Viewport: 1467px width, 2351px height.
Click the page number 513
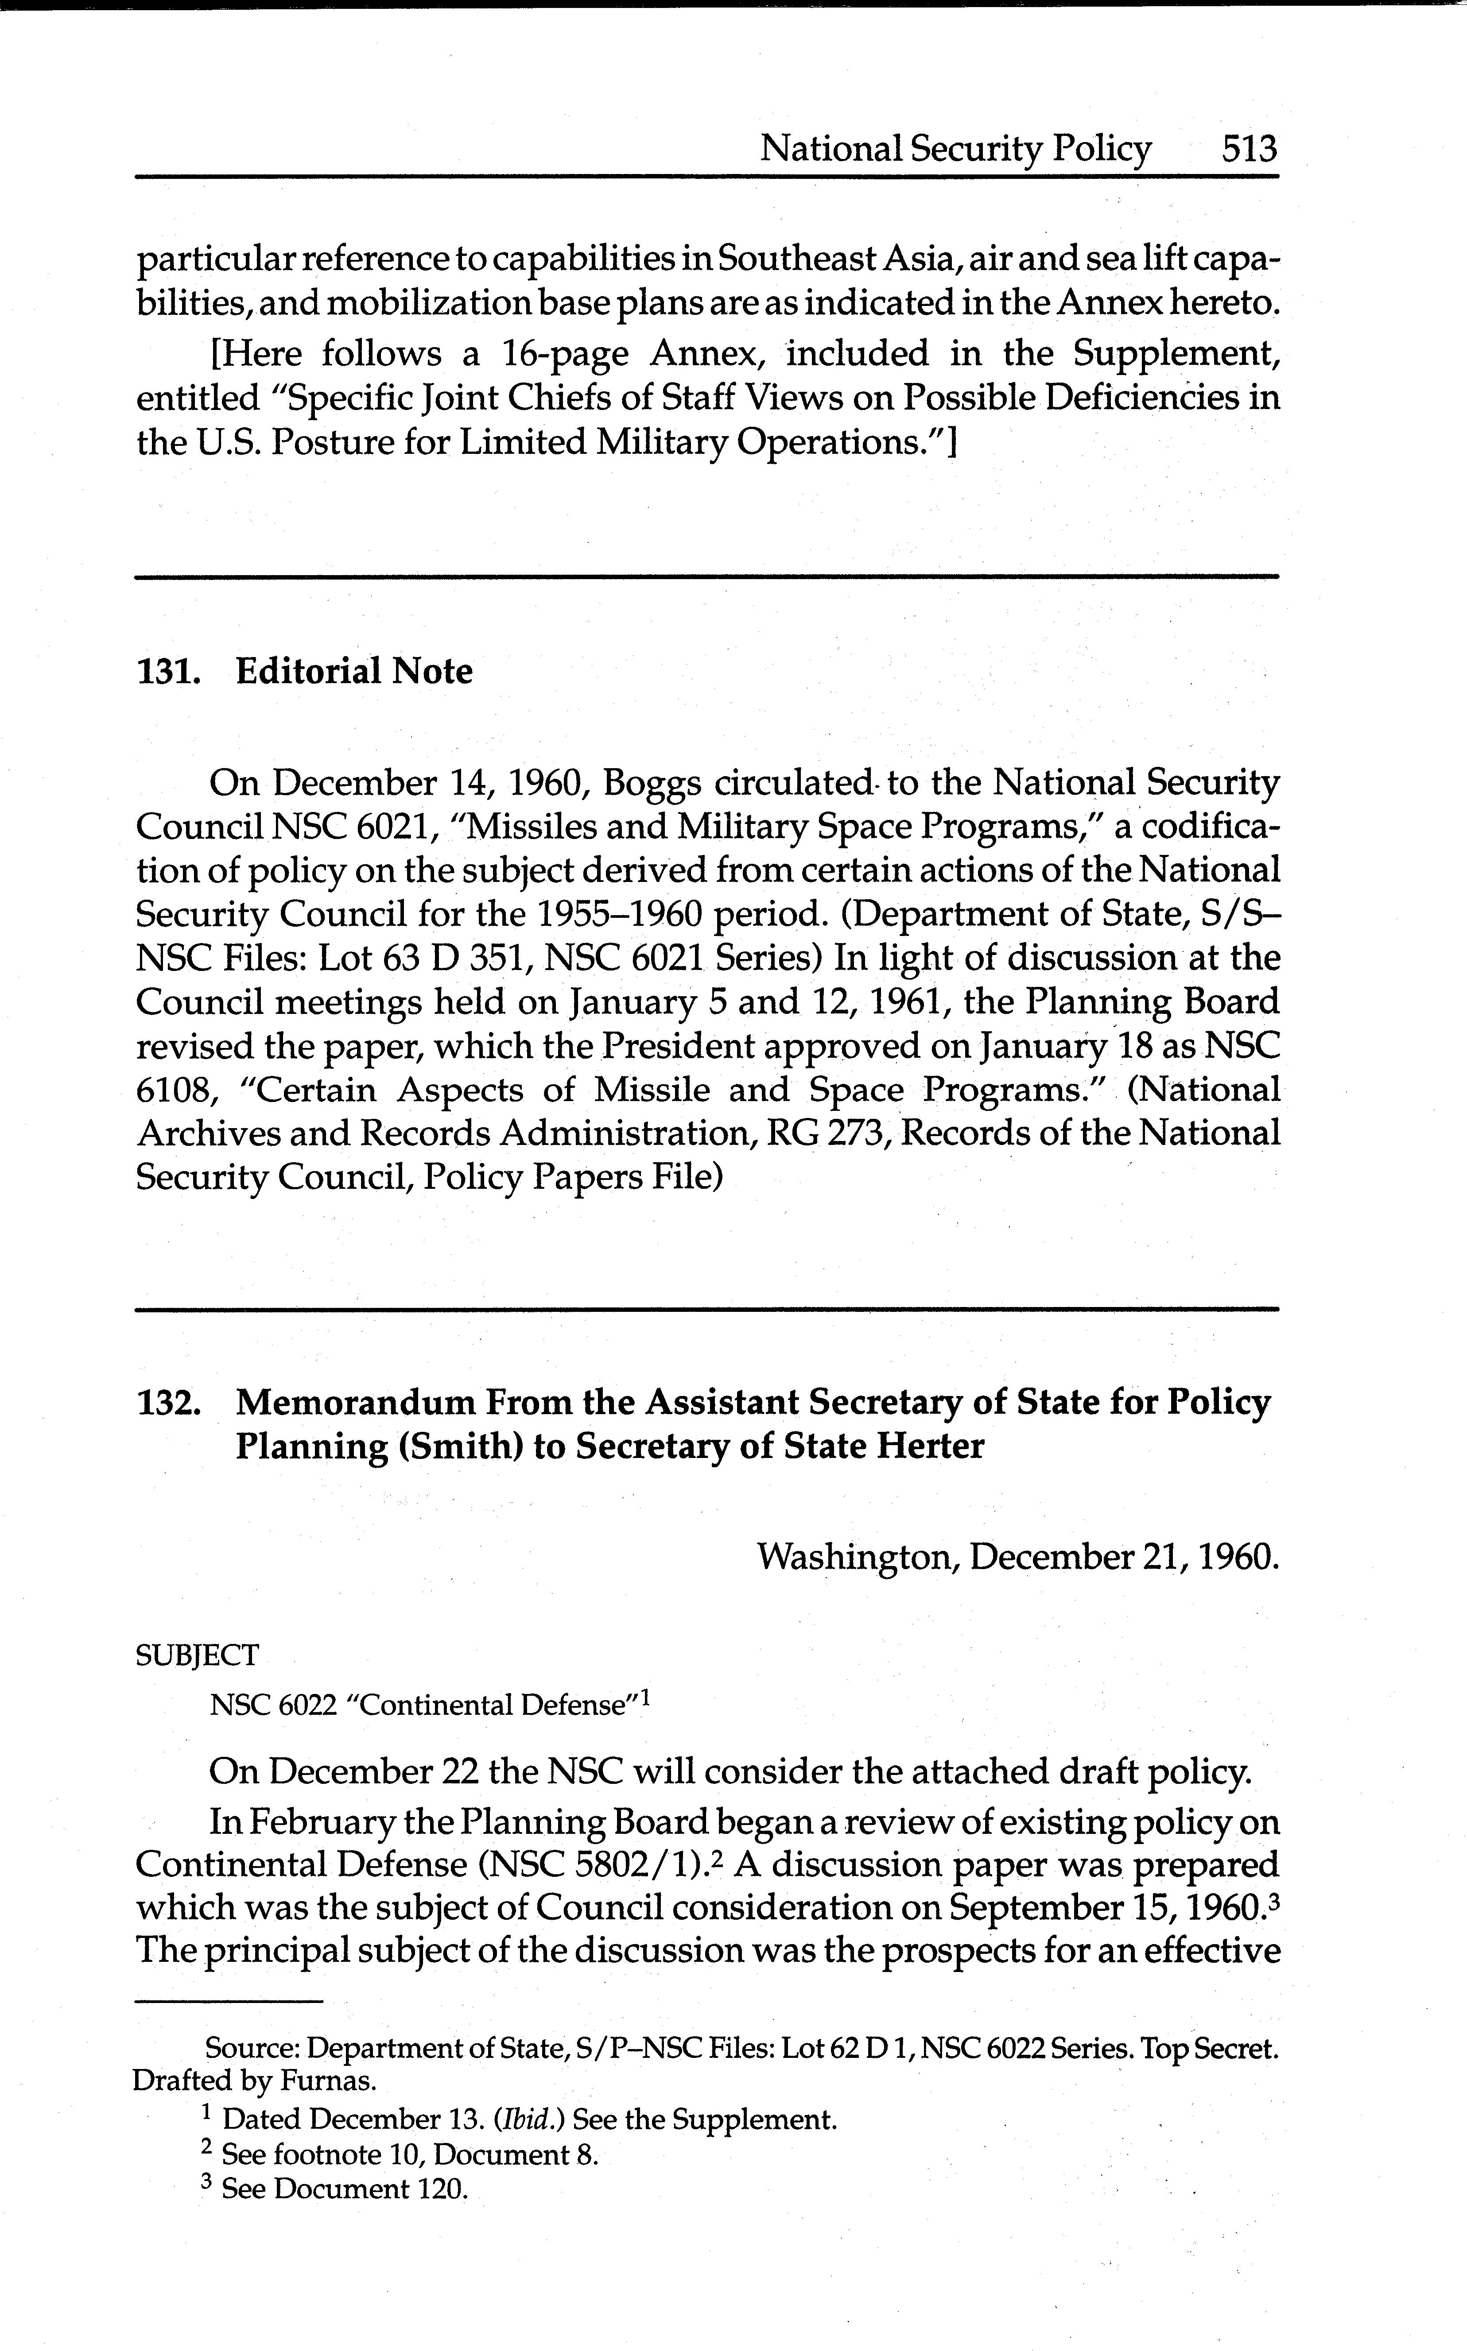(1250, 148)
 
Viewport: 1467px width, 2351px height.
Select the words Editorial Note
(354, 671)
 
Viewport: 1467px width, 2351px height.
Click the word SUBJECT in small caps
(197, 1655)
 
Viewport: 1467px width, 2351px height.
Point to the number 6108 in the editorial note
(170, 1090)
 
